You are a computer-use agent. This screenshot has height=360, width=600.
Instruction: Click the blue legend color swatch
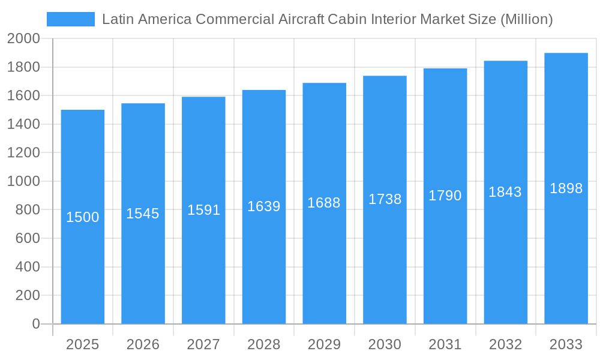71,19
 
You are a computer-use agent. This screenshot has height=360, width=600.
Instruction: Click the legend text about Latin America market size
327,19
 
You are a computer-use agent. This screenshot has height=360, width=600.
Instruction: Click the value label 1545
143,214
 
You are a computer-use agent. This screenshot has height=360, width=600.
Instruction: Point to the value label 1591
203,210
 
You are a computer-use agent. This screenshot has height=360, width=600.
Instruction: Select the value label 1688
324,203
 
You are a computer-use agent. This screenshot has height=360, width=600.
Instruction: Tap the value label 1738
385,199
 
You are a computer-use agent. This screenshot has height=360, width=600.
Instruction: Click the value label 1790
445,196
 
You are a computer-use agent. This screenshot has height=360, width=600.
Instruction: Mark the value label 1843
505,192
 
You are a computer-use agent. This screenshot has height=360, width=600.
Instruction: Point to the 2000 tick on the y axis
23,39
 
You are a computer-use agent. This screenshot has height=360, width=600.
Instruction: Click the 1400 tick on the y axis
23,124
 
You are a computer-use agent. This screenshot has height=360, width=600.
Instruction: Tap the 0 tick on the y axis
35,324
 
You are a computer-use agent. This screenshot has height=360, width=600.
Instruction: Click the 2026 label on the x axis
143,344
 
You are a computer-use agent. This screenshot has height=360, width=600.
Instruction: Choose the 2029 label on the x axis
324,344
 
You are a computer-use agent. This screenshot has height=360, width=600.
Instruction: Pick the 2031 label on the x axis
445,344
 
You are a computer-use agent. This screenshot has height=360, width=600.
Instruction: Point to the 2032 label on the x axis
505,344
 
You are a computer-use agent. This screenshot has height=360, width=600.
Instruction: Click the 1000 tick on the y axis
23,181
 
